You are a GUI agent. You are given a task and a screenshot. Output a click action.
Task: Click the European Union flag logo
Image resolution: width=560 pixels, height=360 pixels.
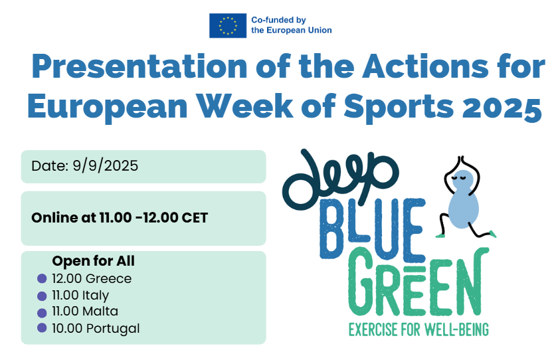point(227,25)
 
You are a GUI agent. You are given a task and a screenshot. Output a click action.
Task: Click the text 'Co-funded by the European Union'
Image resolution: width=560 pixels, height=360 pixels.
point(292,25)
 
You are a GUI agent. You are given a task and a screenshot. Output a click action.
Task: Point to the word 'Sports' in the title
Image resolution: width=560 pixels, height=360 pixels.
point(399,107)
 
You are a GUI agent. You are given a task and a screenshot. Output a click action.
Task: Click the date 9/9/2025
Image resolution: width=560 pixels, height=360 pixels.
point(106,165)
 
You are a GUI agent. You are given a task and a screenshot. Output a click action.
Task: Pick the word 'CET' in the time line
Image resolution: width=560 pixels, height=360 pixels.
point(195,217)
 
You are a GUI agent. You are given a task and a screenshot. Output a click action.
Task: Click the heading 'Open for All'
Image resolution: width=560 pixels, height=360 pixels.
point(94,261)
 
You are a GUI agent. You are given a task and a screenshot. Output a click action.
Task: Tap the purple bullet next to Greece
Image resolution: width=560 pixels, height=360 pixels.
point(42,278)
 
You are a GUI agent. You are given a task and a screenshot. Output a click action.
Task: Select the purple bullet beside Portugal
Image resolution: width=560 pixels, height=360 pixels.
point(42,328)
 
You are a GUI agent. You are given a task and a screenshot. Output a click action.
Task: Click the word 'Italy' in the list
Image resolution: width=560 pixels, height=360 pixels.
point(96,296)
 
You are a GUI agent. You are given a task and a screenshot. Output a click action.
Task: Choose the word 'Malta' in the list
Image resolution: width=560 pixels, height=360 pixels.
point(100,311)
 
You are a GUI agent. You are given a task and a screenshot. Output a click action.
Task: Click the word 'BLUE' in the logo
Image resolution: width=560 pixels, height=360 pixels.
point(373,228)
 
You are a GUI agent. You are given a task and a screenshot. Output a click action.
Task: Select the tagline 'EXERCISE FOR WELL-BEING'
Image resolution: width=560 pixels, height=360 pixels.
point(419,329)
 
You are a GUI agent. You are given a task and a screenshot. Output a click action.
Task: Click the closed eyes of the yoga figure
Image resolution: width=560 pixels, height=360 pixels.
point(460,177)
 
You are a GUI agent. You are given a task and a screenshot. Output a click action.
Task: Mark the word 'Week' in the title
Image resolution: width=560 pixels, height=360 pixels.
point(244,106)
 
